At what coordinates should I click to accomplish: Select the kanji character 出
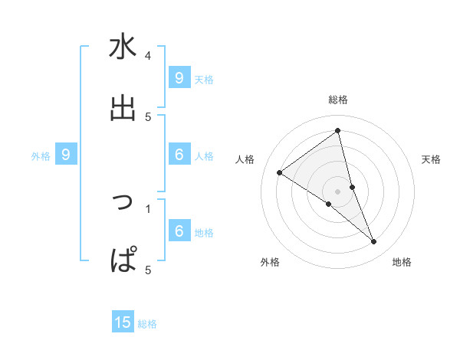click(123, 108)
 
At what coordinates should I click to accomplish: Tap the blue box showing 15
click(123, 322)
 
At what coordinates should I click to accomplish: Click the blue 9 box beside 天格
click(179, 77)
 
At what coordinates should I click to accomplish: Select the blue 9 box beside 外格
click(66, 155)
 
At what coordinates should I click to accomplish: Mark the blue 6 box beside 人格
click(179, 155)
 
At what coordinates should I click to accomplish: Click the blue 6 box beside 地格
click(179, 231)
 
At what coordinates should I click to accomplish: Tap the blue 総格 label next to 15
click(147, 324)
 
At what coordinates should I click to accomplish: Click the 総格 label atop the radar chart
click(338, 100)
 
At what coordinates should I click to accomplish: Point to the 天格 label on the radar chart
click(432, 159)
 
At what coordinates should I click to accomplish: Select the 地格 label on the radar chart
click(402, 262)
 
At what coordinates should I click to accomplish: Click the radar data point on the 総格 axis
click(338, 130)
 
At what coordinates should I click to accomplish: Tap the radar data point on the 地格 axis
click(374, 242)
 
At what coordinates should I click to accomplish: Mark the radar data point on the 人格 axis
click(279, 172)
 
